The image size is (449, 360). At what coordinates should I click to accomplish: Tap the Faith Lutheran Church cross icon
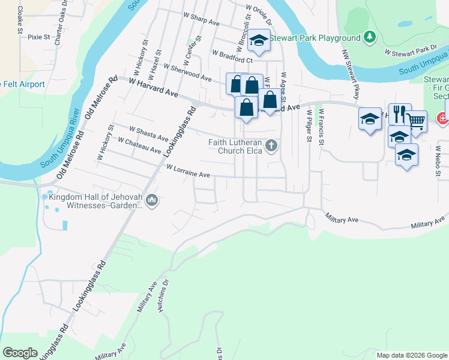click(272, 145)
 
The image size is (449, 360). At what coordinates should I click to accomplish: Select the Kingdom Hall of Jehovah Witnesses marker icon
click(152, 200)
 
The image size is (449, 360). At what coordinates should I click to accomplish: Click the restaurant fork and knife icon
click(399, 113)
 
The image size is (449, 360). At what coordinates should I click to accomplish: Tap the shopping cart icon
click(416, 120)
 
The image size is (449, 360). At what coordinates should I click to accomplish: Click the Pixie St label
click(38, 37)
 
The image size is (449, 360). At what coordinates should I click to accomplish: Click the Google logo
click(20, 353)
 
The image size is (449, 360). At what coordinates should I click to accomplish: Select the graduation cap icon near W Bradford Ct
click(259, 40)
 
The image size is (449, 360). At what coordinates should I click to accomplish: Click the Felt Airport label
click(23, 84)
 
